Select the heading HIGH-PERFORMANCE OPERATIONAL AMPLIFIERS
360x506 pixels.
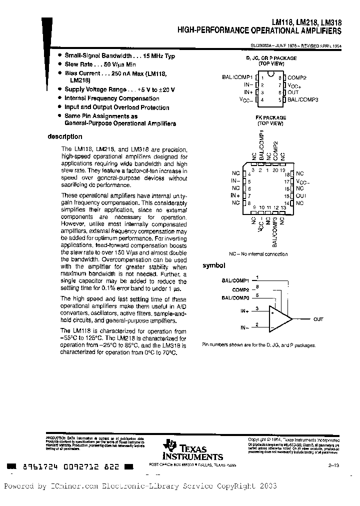pos(260,31)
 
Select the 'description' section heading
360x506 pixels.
pos(65,136)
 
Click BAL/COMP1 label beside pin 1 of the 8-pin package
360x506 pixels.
pos(237,77)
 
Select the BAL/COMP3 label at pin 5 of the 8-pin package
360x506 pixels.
pos(302,100)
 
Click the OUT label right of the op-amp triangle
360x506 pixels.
pos(318,319)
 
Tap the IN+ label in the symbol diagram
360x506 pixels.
pos(244,311)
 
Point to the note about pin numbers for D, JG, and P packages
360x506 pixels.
pos(258,345)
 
